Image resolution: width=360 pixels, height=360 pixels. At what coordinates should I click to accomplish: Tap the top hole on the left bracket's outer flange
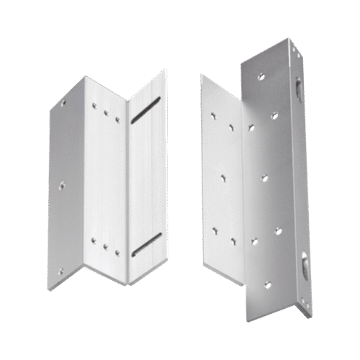(x=67, y=103)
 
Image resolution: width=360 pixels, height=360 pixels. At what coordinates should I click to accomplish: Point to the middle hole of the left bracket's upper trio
(x=105, y=112)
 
